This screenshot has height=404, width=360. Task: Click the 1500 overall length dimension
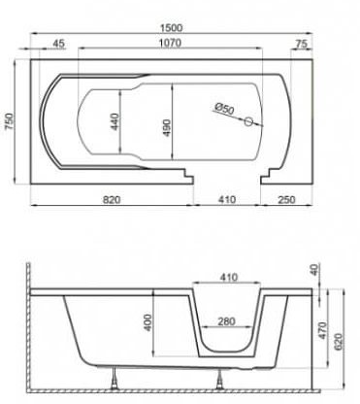point(172,28)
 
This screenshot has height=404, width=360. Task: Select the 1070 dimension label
point(171,43)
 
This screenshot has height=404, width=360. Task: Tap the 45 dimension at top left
point(58,43)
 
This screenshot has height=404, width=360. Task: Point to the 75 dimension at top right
point(301,44)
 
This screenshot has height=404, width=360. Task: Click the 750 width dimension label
point(11,121)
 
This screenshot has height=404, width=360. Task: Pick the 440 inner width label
point(115,121)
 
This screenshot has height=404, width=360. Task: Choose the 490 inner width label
point(167,127)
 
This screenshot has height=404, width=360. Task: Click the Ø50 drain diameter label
point(224,108)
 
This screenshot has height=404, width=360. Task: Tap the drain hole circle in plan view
point(248,121)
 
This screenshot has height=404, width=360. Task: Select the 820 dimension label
point(112,200)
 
